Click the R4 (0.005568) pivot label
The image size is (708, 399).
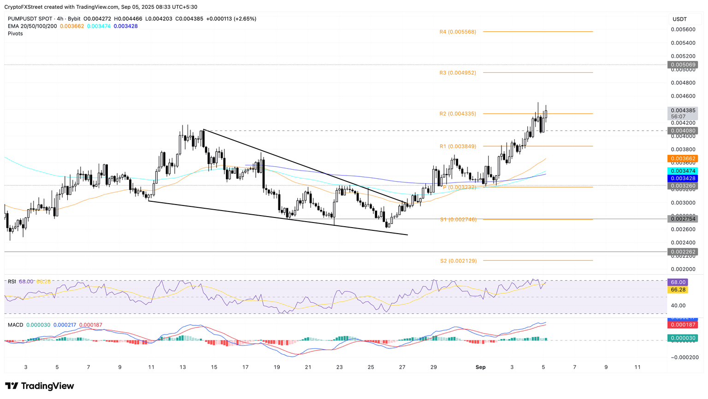pyautogui.click(x=458, y=32)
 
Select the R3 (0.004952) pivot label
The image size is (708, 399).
pyautogui.click(x=458, y=73)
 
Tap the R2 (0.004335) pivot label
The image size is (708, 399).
pyautogui.click(x=458, y=114)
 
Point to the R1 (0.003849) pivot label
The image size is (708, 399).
pyautogui.click(x=458, y=147)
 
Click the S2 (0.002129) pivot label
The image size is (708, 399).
pyautogui.click(x=458, y=261)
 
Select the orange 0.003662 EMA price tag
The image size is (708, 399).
pyautogui.click(x=682, y=158)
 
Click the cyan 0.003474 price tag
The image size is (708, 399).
pyautogui.click(x=682, y=171)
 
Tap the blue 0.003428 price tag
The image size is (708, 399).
pyautogui.click(x=682, y=178)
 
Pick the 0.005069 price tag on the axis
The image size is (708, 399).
pyautogui.click(x=682, y=65)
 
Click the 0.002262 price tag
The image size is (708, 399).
pyautogui.click(x=682, y=252)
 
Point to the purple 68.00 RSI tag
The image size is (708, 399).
pyautogui.click(x=678, y=282)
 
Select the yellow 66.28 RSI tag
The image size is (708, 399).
pyautogui.click(x=678, y=290)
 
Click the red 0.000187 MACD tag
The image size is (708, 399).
pyautogui.click(x=682, y=325)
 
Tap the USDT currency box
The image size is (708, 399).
pyautogui.click(x=680, y=19)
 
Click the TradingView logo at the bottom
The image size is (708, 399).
pyautogui.click(x=40, y=386)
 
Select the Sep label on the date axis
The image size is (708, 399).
pyautogui.click(x=480, y=367)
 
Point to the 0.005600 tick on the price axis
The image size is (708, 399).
pyautogui.click(x=683, y=29)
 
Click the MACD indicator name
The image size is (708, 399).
pyautogui.click(x=15, y=325)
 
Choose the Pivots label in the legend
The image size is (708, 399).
pyautogui.click(x=15, y=34)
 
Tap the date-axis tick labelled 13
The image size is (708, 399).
pyautogui.click(x=183, y=367)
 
